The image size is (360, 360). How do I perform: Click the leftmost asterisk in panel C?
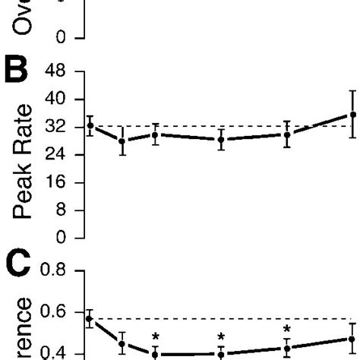(155, 336)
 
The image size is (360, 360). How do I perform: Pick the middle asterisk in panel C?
(221, 336)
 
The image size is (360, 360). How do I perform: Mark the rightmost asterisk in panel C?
(287, 330)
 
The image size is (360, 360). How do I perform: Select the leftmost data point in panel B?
(90, 125)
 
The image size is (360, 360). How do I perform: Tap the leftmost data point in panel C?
(89, 319)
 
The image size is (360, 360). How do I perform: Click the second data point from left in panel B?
(122, 141)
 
